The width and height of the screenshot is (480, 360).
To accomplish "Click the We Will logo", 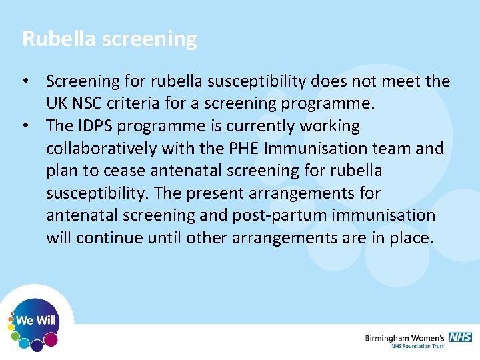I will point(35,321).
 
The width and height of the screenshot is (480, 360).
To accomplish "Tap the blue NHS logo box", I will point(460,337).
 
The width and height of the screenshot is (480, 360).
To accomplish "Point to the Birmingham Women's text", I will point(405,338).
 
